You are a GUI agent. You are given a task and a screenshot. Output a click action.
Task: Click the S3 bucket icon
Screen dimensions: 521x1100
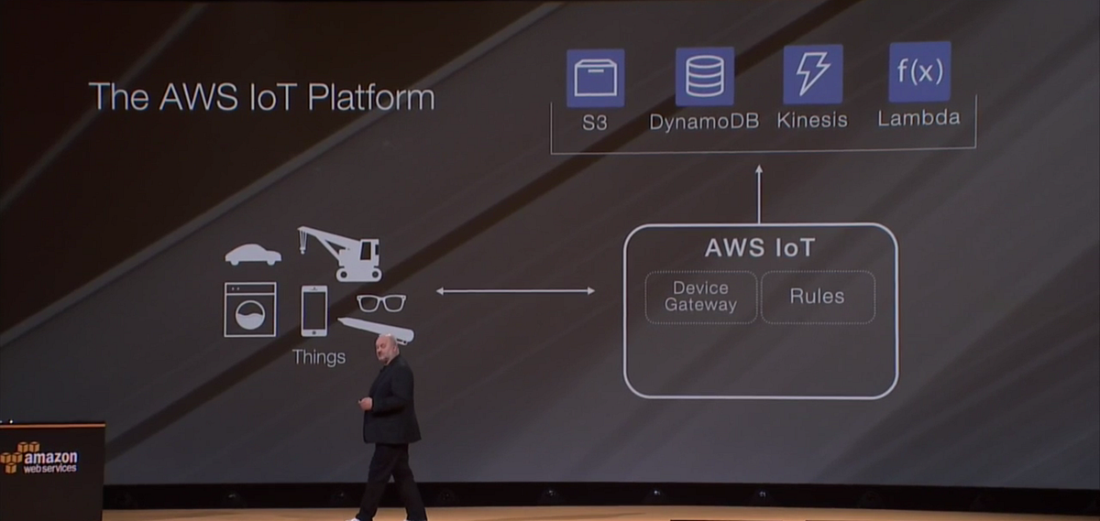tap(596, 78)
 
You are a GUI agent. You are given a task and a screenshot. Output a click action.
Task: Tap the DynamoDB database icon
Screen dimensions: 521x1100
tap(704, 76)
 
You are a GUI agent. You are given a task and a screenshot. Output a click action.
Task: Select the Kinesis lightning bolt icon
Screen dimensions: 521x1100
tap(812, 74)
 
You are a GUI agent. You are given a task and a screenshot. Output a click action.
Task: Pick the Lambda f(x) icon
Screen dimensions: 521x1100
tap(919, 71)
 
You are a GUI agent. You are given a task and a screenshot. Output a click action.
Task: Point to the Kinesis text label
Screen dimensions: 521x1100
tap(812, 120)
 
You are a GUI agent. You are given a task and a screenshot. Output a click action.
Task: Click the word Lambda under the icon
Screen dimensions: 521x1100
tap(919, 118)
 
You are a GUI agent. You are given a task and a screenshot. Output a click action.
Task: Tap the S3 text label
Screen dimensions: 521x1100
tap(596, 122)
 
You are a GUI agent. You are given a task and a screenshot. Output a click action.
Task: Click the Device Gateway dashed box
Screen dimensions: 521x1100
tap(701, 297)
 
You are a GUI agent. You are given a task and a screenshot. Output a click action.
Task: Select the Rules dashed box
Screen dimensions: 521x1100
tap(817, 297)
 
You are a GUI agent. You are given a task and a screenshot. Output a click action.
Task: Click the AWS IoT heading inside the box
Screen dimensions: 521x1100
tap(759, 248)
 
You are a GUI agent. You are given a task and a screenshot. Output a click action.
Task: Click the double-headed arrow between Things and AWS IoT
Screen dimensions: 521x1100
tap(515, 291)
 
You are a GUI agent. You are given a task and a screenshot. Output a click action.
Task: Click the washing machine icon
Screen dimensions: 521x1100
tap(250, 309)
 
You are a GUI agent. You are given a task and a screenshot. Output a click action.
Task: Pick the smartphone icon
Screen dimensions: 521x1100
tap(313, 310)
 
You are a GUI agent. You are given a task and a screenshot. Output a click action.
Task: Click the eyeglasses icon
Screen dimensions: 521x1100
tap(380, 303)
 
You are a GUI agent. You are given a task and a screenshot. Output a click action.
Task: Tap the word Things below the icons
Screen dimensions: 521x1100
tap(319, 357)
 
